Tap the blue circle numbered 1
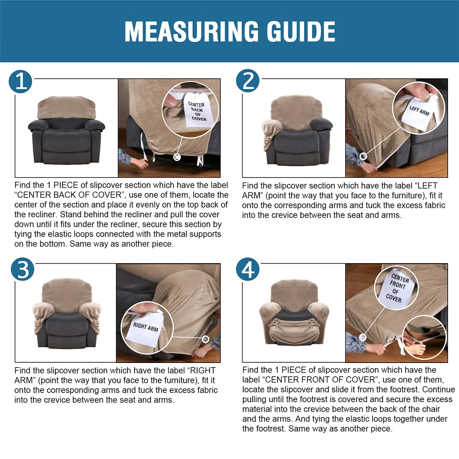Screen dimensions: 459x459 click(20, 82)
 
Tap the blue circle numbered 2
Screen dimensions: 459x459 click(248, 81)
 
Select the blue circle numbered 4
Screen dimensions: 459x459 click(248, 269)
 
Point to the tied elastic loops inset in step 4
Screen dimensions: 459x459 click(424, 339)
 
